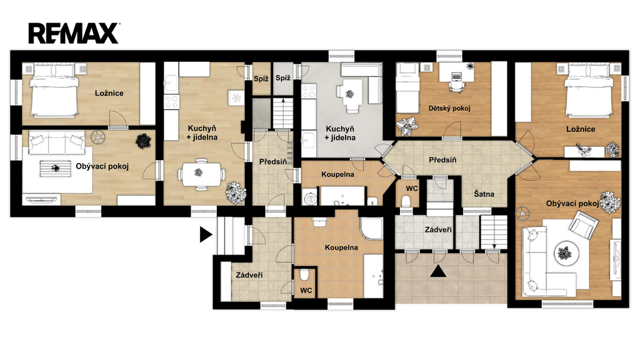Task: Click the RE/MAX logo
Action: point(74,33)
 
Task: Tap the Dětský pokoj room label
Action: point(449,108)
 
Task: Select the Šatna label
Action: point(484,194)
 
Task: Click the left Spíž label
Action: point(261,79)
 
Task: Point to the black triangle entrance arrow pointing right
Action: point(206,235)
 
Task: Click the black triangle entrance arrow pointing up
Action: point(438,271)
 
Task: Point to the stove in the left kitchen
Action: point(171,101)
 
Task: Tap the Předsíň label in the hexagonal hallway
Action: point(442,160)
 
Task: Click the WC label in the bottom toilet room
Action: point(306,290)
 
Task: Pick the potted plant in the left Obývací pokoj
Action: point(143,141)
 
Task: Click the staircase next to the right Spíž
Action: point(283,113)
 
